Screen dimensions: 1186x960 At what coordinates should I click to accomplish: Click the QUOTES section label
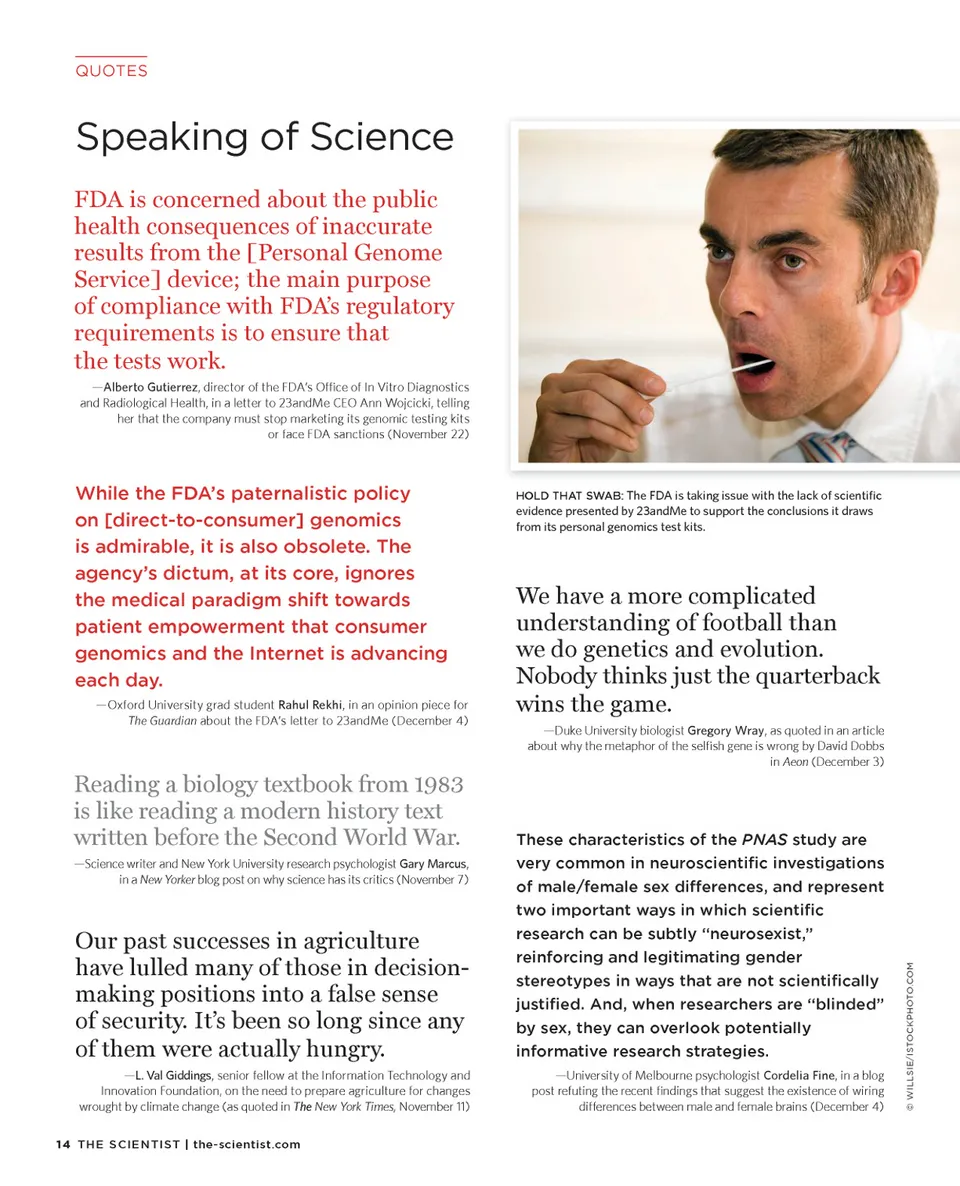[x=111, y=71]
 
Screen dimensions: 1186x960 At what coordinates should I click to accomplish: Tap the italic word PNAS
[x=764, y=839]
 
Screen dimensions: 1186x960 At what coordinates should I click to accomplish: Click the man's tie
[x=824, y=446]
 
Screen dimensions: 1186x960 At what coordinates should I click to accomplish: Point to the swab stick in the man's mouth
[x=706, y=378]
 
